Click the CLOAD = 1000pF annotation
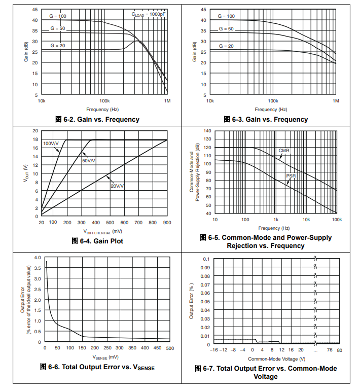coord(149,14)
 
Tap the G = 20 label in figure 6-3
coord(226,46)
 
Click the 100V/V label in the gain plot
coord(51,144)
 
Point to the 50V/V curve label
coord(89,160)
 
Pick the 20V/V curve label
coord(117,186)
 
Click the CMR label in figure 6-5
coord(284,151)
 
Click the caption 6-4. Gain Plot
coord(97,241)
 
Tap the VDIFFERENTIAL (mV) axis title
coord(104,231)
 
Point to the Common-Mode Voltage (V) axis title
coord(276,358)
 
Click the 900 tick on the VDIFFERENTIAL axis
coord(167,222)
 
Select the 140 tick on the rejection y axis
coord(207,131)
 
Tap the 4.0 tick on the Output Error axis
coord(37,258)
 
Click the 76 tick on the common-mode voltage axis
coord(330,350)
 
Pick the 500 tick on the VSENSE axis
coord(170,348)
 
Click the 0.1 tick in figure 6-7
coord(206,259)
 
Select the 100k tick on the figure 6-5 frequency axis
coord(336,220)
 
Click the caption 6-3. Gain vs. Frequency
coord(266,119)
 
